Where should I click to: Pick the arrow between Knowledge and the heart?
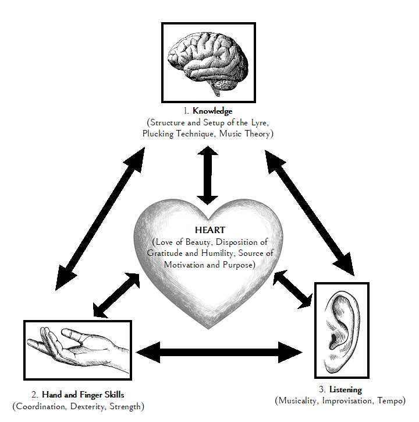coord(207,175)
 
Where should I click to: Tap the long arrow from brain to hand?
coord(101,213)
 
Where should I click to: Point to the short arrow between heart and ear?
coord(293,289)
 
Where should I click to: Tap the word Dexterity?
coord(91,406)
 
